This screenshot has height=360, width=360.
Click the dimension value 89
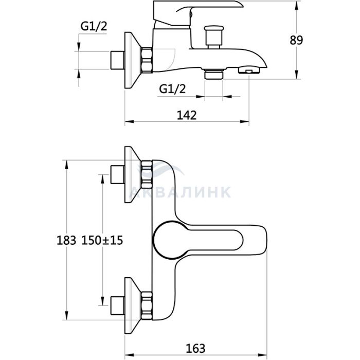tap(296, 41)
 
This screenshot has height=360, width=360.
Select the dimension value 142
tap(187, 115)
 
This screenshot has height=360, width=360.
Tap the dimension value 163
tap(195, 349)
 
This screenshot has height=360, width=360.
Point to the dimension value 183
tap(66, 240)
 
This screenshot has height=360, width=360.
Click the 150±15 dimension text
tap(102, 240)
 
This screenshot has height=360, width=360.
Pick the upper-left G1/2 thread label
tap(94, 26)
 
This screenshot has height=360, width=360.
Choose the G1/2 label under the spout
tap(172, 89)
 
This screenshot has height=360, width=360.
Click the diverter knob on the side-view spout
tap(214, 37)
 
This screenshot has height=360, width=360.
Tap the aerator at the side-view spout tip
tap(249, 70)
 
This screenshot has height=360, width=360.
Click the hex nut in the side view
tap(147, 60)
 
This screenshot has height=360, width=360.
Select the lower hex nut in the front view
tap(147, 306)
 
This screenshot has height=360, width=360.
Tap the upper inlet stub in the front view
tap(118, 174)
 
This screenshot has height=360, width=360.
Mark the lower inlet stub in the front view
tap(118, 306)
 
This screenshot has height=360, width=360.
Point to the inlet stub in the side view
tap(118, 60)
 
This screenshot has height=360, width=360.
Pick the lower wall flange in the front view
tap(133, 306)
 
